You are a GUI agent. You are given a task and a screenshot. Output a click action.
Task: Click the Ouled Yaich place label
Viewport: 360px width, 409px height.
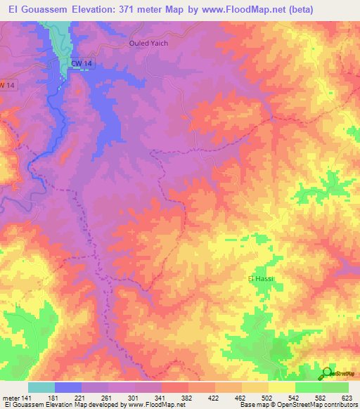[148, 43]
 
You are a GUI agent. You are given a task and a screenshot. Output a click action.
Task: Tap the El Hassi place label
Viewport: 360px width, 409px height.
[260, 279]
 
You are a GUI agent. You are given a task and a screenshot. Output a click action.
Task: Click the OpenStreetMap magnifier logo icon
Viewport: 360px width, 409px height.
[327, 373]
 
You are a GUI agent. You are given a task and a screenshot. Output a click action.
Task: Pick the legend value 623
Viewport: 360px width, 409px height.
[347, 398]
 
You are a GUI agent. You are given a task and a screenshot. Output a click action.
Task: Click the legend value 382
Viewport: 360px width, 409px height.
[188, 398]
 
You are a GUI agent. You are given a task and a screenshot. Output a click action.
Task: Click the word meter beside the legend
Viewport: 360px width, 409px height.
[11, 398]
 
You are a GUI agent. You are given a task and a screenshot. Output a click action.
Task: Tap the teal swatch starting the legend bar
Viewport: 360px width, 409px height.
[41, 387]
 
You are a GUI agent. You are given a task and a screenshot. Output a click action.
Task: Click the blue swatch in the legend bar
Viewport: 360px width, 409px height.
[68, 387]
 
